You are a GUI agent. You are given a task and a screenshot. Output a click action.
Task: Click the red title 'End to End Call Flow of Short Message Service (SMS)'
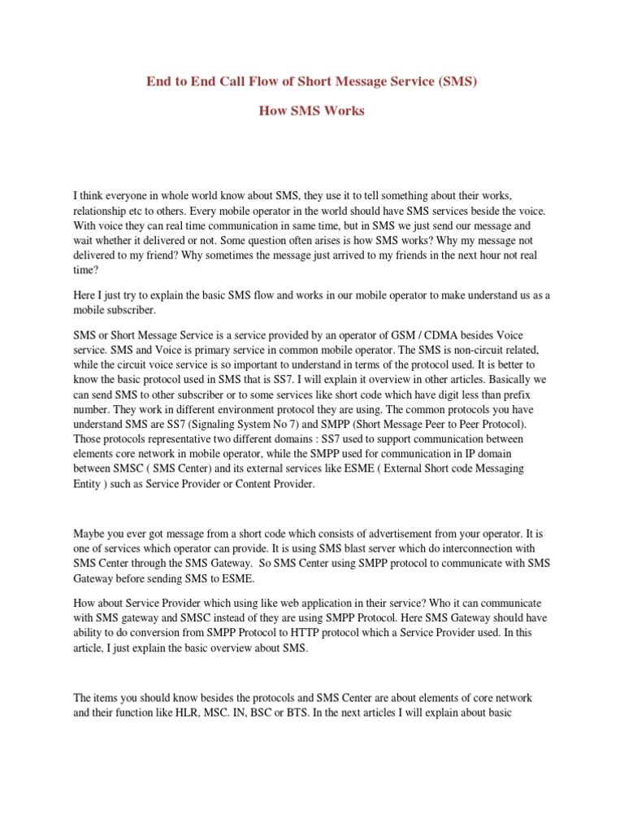click(311, 81)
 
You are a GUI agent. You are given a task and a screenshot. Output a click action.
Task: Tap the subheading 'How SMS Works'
click(311, 111)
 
